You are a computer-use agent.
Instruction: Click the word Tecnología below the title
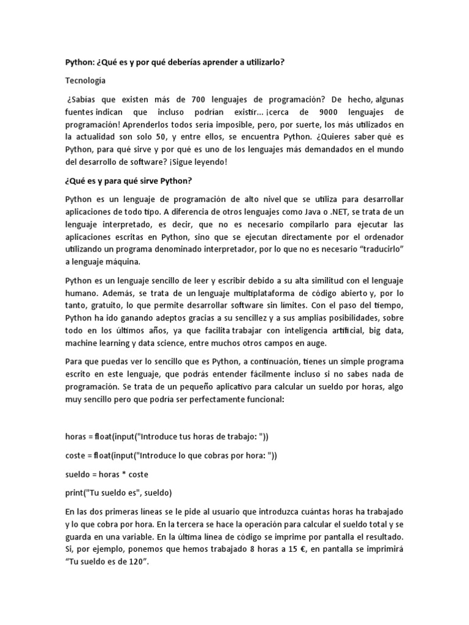pos(85,80)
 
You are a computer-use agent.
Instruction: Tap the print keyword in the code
pos(75,493)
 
